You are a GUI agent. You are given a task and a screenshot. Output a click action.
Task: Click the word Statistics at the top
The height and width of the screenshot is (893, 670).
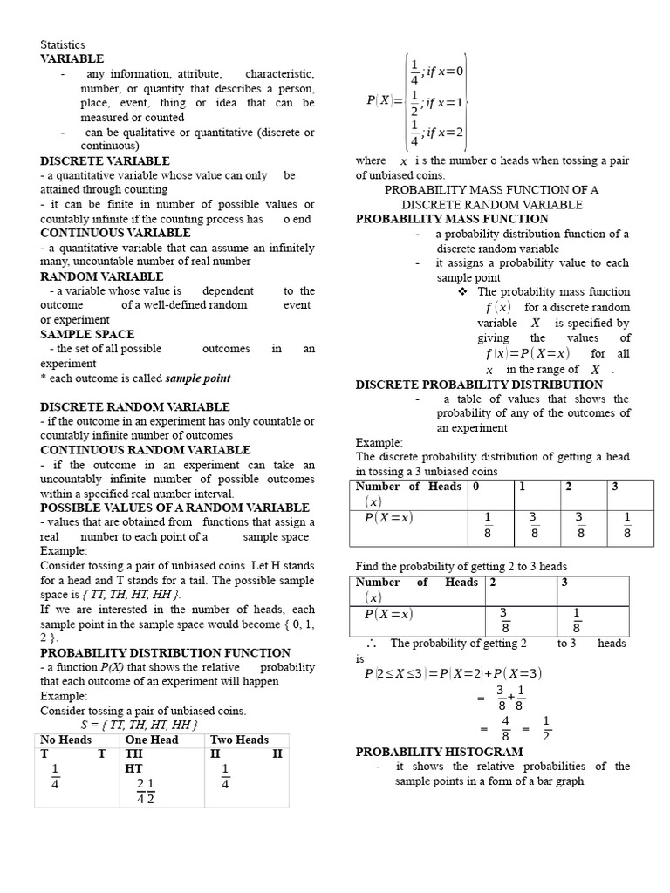[x=63, y=45]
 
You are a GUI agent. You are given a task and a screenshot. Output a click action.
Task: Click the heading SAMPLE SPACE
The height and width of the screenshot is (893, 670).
[x=87, y=334]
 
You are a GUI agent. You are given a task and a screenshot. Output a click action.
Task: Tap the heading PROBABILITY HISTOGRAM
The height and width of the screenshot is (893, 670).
[x=439, y=752]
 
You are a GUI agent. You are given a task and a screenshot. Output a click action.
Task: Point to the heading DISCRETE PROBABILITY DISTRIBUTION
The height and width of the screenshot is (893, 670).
[x=479, y=385]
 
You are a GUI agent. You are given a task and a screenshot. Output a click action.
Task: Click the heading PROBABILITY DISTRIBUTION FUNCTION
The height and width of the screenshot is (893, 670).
[x=165, y=652]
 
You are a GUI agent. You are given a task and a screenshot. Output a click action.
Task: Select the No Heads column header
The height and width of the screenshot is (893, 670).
[x=66, y=740]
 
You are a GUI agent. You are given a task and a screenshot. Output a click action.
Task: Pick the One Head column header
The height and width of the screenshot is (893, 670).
[x=152, y=740]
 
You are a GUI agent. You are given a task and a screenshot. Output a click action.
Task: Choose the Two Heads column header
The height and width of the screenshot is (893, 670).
[x=239, y=740]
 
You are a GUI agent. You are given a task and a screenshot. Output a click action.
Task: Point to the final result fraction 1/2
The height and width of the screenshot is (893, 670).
[x=546, y=728]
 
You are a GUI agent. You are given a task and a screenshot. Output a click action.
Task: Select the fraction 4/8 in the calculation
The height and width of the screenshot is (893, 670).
[x=506, y=728]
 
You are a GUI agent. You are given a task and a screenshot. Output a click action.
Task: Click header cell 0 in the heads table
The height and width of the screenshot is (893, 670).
[x=476, y=487]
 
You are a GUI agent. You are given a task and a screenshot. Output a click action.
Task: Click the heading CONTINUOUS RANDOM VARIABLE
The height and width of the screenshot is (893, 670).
[x=145, y=450]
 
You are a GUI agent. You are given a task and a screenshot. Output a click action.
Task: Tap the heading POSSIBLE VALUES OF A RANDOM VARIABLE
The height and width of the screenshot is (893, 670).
[x=174, y=508]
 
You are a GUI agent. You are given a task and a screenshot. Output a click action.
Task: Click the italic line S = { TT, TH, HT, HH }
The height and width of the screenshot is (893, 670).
[x=140, y=726]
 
